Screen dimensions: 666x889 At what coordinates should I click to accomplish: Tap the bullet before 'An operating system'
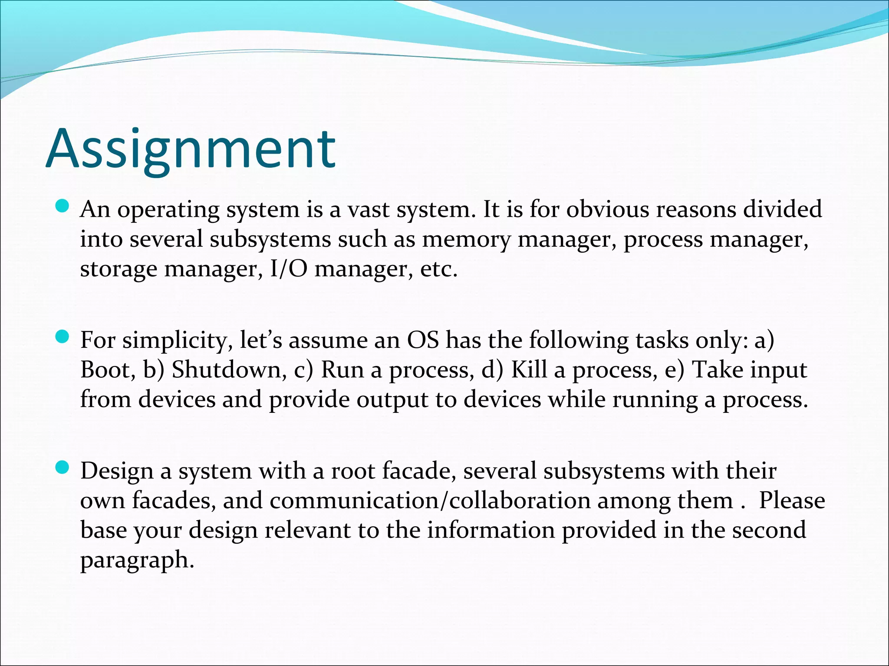(63, 206)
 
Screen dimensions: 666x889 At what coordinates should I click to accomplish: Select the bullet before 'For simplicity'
(63, 336)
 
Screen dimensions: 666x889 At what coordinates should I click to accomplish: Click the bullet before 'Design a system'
(63, 467)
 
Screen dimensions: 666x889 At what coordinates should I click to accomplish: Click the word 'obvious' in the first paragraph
(607, 209)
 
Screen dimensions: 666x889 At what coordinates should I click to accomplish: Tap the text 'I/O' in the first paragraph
(288, 269)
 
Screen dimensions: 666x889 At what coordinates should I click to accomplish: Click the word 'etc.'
(439, 269)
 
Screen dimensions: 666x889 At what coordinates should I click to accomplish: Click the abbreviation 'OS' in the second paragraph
(423, 340)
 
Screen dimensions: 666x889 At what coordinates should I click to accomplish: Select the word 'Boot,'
(108, 370)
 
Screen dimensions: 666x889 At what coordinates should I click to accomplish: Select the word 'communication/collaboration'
(430, 501)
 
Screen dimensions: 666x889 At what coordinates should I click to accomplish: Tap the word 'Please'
(792, 501)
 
